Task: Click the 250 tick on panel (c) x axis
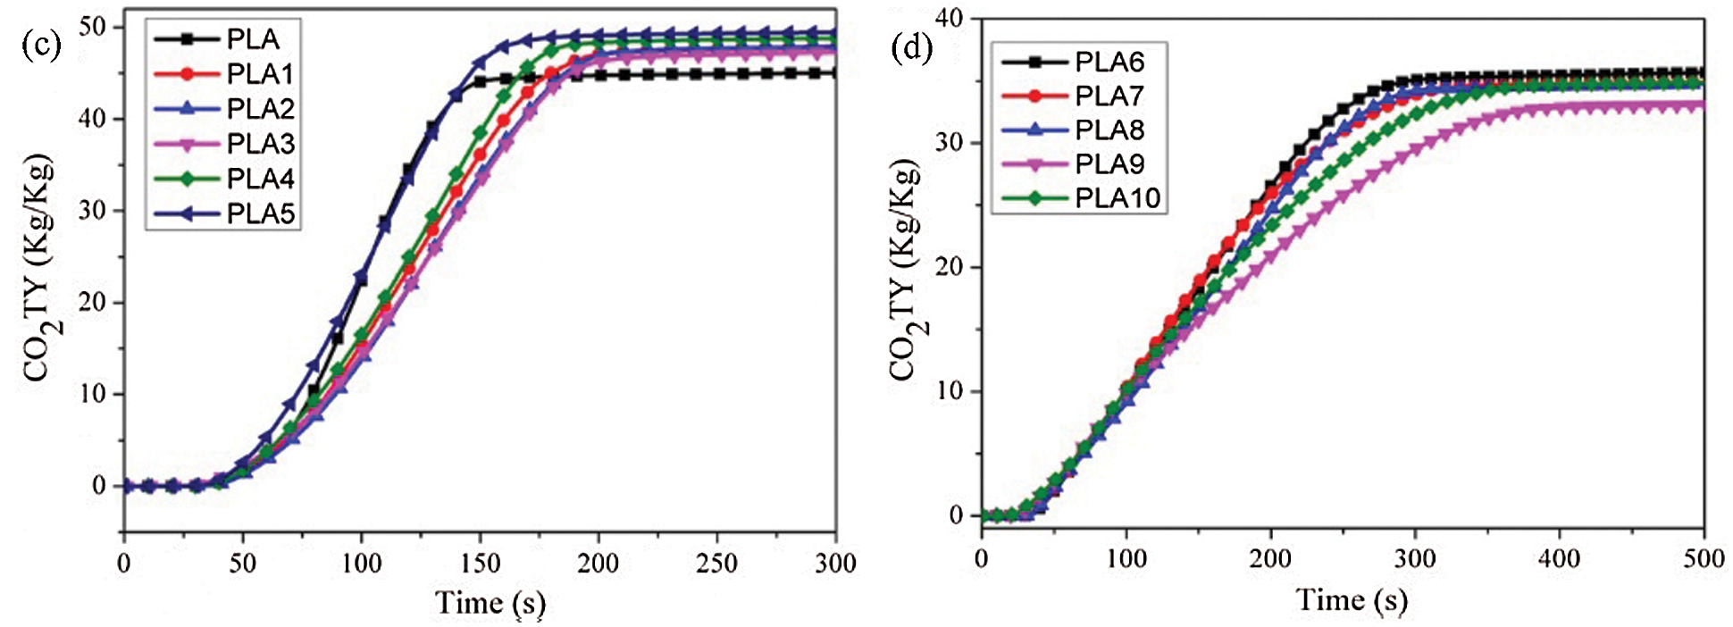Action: [716, 564]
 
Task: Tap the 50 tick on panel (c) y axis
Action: [93, 26]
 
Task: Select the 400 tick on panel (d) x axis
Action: [1559, 560]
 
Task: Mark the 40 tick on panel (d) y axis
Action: [950, 18]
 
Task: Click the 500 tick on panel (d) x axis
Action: [1703, 560]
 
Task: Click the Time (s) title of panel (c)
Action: [490, 603]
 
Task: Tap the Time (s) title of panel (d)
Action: [1352, 600]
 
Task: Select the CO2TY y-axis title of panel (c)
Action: [39, 268]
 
